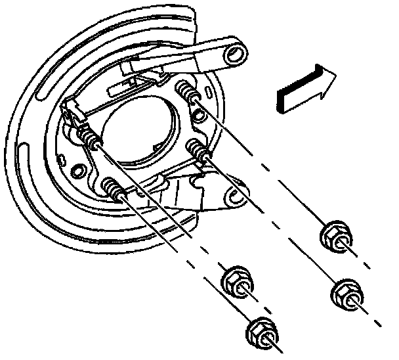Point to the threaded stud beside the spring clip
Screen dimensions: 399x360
pos(91,137)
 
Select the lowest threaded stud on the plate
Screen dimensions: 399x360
pos(115,189)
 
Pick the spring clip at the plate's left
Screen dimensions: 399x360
pos(73,114)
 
